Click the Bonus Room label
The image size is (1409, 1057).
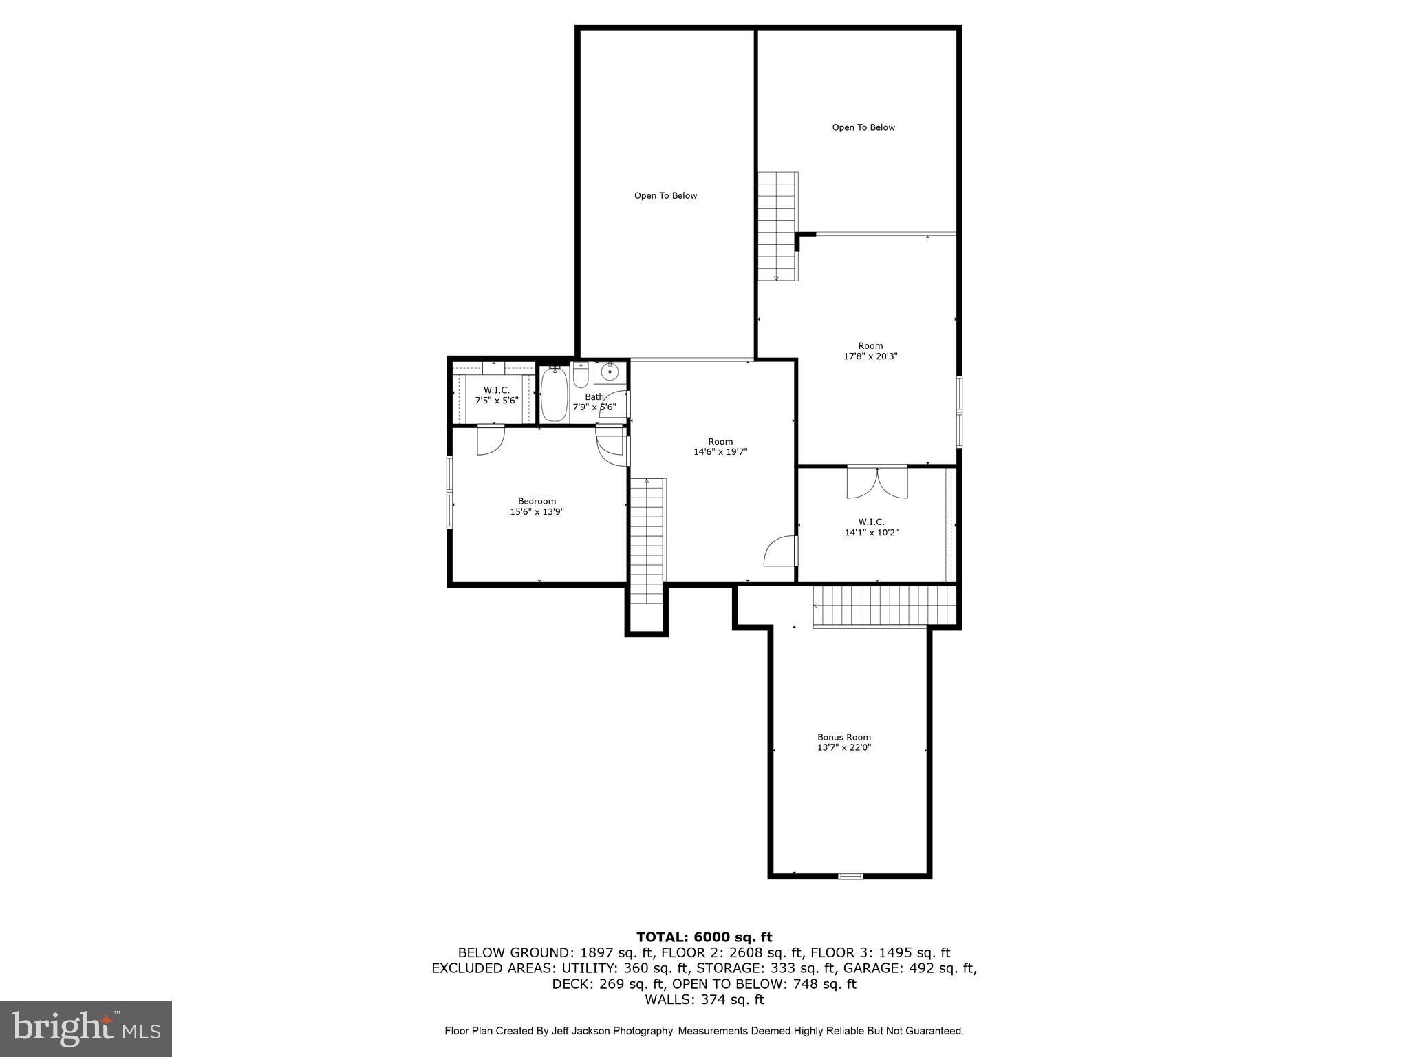(x=843, y=737)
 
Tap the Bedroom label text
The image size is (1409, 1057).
(x=537, y=501)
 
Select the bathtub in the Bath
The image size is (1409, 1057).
(x=553, y=394)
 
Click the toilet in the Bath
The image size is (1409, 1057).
(x=581, y=375)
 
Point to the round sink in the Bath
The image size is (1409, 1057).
(x=610, y=372)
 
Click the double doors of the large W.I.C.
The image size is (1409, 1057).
(x=877, y=482)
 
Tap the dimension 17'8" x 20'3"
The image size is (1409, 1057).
(x=870, y=356)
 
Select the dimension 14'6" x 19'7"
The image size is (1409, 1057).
(x=720, y=452)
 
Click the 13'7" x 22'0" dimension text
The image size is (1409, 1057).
(x=844, y=747)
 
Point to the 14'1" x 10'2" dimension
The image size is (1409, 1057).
(x=872, y=532)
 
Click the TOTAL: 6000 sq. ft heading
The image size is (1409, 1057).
(x=704, y=937)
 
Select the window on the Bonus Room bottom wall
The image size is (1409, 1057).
(x=850, y=876)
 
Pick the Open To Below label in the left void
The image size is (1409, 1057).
(x=665, y=196)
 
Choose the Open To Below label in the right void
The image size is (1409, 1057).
(x=863, y=127)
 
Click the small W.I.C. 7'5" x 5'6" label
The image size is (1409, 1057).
(x=497, y=395)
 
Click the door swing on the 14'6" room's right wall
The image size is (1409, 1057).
(x=780, y=551)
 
